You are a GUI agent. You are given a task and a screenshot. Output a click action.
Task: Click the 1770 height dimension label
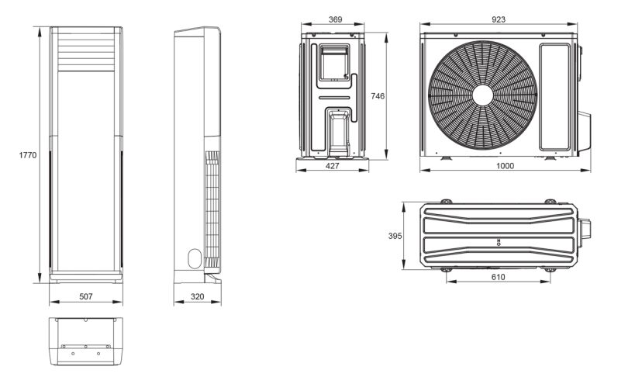[x=28, y=155]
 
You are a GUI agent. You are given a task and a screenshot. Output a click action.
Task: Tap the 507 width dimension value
[x=86, y=297]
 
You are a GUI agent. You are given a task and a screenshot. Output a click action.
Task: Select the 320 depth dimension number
[x=197, y=297]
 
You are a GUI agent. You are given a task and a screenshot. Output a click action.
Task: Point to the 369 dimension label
[x=335, y=19]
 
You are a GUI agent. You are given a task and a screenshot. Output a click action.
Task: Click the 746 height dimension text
[x=378, y=96]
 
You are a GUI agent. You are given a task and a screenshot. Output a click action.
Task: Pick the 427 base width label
[x=332, y=166]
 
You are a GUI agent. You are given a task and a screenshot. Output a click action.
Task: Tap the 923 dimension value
[x=499, y=19]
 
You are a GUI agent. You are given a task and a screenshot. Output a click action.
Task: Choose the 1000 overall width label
[x=505, y=166]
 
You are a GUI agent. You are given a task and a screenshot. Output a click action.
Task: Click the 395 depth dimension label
[x=395, y=236]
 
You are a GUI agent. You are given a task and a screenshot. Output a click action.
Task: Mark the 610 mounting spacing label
[x=498, y=277]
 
